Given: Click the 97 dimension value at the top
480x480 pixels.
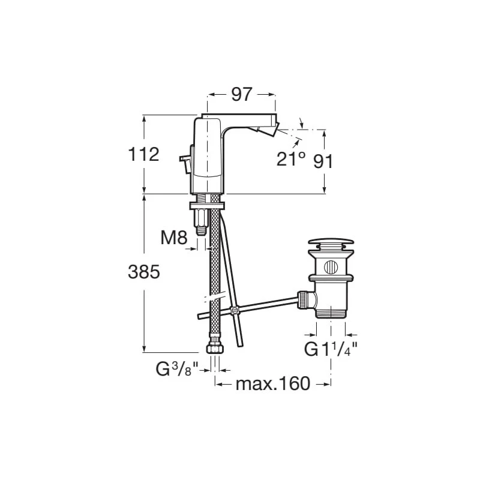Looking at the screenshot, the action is click(242, 94).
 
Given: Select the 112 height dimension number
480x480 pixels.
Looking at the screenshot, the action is click(143, 154).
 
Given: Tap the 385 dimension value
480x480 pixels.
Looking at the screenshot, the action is click(144, 272).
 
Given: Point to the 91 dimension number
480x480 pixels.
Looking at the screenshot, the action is click(323, 161).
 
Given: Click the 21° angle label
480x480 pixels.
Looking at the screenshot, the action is click(291, 158).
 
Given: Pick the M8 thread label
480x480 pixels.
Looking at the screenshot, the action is click(174, 237).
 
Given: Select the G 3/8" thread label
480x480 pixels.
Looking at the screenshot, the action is click(177, 369).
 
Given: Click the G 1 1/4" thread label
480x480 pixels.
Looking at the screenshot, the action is click(331, 349).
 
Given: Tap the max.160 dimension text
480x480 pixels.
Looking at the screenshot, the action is click(273, 383).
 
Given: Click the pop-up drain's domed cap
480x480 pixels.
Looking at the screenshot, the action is click(331, 242).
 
